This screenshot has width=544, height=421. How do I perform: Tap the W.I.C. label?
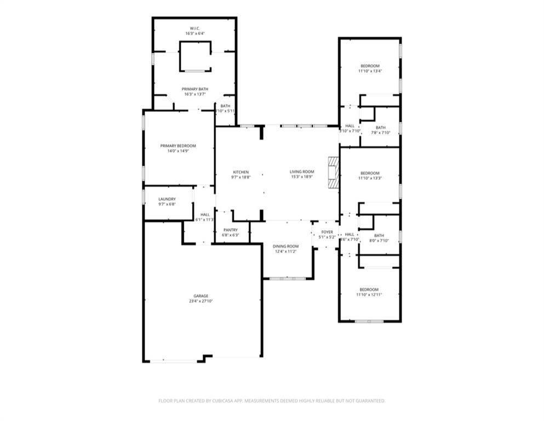click(195, 27)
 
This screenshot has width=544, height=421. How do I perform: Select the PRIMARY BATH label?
click(195, 89)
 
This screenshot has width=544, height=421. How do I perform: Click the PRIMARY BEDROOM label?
click(178, 146)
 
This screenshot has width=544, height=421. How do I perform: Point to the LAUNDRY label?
click(167, 199)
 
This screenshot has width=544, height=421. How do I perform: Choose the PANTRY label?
click(230, 230)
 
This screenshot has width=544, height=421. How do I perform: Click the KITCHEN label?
click(240, 172)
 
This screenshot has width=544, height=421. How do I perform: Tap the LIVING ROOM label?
click(302, 172)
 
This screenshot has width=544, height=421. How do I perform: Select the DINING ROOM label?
click(285, 246)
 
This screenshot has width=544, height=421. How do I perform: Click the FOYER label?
click(327, 232)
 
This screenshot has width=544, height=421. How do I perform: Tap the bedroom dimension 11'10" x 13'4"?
click(370, 71)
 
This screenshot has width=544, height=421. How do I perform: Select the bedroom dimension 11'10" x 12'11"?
click(369, 294)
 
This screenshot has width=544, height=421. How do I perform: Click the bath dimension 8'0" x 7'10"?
click(379, 240)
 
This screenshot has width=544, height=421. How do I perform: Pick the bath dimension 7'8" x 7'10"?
click(380, 132)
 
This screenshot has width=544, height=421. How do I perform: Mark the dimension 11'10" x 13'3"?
click(370, 178)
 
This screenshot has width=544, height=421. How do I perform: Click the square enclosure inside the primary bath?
click(195, 56)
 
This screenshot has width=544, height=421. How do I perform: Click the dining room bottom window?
click(284, 279)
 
